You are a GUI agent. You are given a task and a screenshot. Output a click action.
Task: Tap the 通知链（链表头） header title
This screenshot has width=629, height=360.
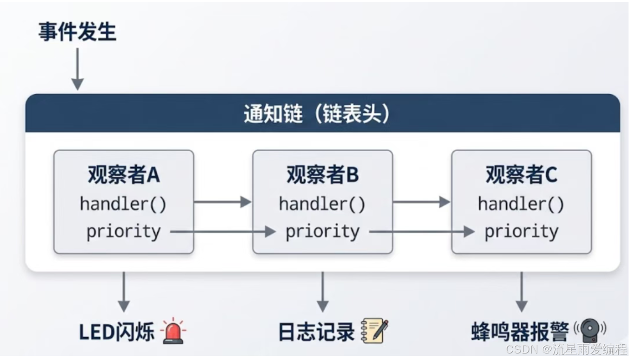tap(317, 113)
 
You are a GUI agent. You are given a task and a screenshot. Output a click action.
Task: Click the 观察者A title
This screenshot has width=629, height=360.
tap(124, 175)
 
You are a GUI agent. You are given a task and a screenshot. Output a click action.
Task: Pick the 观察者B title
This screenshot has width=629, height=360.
tap(322, 175)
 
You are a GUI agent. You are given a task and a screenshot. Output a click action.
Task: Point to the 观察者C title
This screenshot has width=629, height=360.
tap(522, 175)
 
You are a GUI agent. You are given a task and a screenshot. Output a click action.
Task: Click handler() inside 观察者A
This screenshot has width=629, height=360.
tap(123, 204)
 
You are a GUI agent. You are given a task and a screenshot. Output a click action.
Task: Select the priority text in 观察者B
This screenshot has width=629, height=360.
tap(322, 231)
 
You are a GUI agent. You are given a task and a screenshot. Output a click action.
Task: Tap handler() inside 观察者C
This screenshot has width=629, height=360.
tap(521, 204)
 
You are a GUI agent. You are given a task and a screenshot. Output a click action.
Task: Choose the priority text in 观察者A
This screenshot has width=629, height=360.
tap(123, 231)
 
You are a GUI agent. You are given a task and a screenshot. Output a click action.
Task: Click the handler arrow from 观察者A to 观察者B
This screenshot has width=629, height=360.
tap(222, 202)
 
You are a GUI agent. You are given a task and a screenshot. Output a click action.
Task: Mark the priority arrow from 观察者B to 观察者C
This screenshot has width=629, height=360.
tap(422, 231)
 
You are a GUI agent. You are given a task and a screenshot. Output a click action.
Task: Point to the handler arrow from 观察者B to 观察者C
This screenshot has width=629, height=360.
tap(421, 202)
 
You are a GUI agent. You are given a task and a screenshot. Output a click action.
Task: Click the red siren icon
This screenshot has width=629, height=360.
tap(174, 331)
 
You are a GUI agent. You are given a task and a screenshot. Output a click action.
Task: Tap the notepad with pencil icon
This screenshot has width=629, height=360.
tap(375, 331)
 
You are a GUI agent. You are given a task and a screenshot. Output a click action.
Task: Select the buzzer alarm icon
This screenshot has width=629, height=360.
tap(589, 330)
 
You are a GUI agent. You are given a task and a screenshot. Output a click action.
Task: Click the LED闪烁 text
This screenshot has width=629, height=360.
tap(116, 332)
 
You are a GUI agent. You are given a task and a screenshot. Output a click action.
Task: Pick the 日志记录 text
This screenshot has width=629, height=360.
tap(316, 332)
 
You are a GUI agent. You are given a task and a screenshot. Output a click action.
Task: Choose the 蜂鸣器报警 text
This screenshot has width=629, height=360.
tap(520, 332)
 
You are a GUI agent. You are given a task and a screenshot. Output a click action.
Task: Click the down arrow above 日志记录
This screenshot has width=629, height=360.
tap(322, 292)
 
